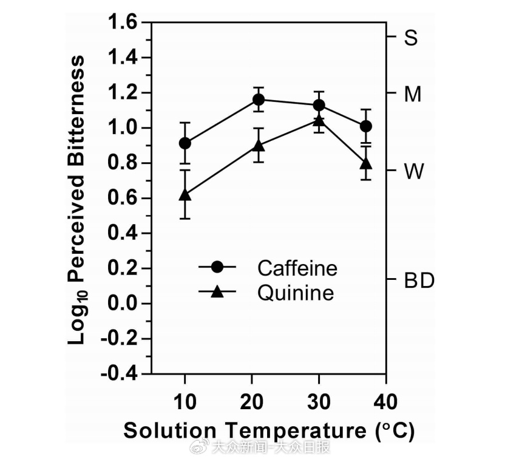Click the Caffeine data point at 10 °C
click(x=185, y=143)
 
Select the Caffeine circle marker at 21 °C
click(x=259, y=100)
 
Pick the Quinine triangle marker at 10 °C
click(x=185, y=195)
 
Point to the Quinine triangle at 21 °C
click(x=259, y=146)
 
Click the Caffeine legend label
click(x=297, y=268)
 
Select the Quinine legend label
click(x=296, y=293)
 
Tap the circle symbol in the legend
click(x=217, y=268)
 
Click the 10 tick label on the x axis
click(x=185, y=401)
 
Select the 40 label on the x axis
click(x=385, y=401)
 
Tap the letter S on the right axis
click(x=411, y=38)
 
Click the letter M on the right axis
click(x=413, y=95)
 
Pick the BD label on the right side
click(x=419, y=281)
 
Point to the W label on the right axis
click(x=414, y=172)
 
